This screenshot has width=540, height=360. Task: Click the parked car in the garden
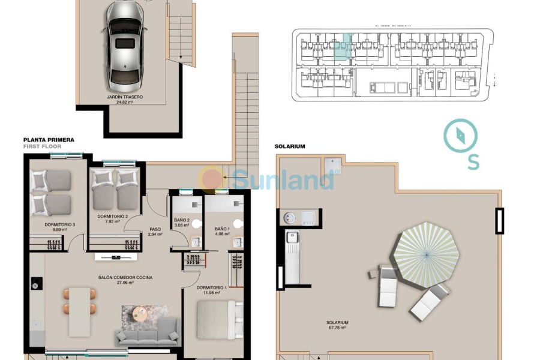pyautogui.click(x=125, y=46)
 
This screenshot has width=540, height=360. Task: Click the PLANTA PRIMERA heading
pyautogui.click(x=49, y=139)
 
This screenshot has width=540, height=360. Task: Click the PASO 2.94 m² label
pyautogui.click(x=156, y=232)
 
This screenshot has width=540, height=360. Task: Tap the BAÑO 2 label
pyautogui.click(x=181, y=223)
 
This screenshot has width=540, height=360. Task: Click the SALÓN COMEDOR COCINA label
pyautogui.click(x=125, y=280)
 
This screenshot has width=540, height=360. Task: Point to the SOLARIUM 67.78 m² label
pyautogui.click(x=337, y=325)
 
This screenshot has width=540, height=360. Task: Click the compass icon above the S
pyautogui.click(x=461, y=136)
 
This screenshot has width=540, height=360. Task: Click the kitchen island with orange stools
pyautogui.click(x=80, y=311)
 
